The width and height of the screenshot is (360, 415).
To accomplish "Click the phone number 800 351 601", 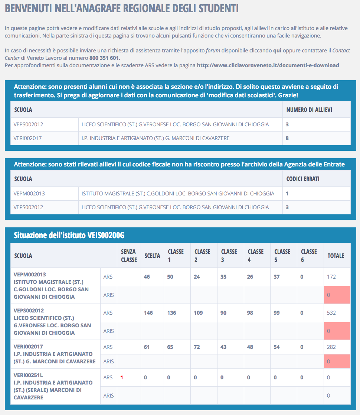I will (x=104, y=58).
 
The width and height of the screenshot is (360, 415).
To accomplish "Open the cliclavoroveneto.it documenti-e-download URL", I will (x=268, y=65).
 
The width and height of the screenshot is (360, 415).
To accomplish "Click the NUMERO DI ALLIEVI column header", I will (x=309, y=110).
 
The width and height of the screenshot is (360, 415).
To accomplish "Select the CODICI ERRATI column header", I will (x=303, y=179).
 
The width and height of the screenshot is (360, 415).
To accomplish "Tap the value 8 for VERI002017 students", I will (x=287, y=138).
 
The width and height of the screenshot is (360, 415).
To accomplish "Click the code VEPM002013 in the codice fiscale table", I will (x=29, y=194).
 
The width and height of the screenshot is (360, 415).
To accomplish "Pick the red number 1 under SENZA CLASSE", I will (x=121, y=377).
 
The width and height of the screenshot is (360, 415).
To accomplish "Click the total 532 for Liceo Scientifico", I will (x=331, y=313).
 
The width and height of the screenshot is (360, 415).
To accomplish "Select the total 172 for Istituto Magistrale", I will (x=331, y=277).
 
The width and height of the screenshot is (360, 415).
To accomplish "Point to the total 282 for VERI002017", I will (x=331, y=347).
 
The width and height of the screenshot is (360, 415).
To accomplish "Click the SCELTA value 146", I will (x=148, y=313).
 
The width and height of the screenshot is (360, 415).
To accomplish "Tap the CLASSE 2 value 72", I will (x=197, y=347).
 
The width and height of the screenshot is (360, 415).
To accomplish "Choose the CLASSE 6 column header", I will (x=309, y=256).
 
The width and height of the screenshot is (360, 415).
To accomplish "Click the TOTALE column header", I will (x=336, y=256).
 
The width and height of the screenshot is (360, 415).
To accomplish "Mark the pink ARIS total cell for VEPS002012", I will (x=337, y=331).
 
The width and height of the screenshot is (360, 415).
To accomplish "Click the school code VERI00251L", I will (x=28, y=375).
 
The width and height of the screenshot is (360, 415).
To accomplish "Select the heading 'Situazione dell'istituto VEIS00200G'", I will (x=69, y=235).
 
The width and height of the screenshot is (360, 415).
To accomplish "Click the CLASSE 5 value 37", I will (x=277, y=277).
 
